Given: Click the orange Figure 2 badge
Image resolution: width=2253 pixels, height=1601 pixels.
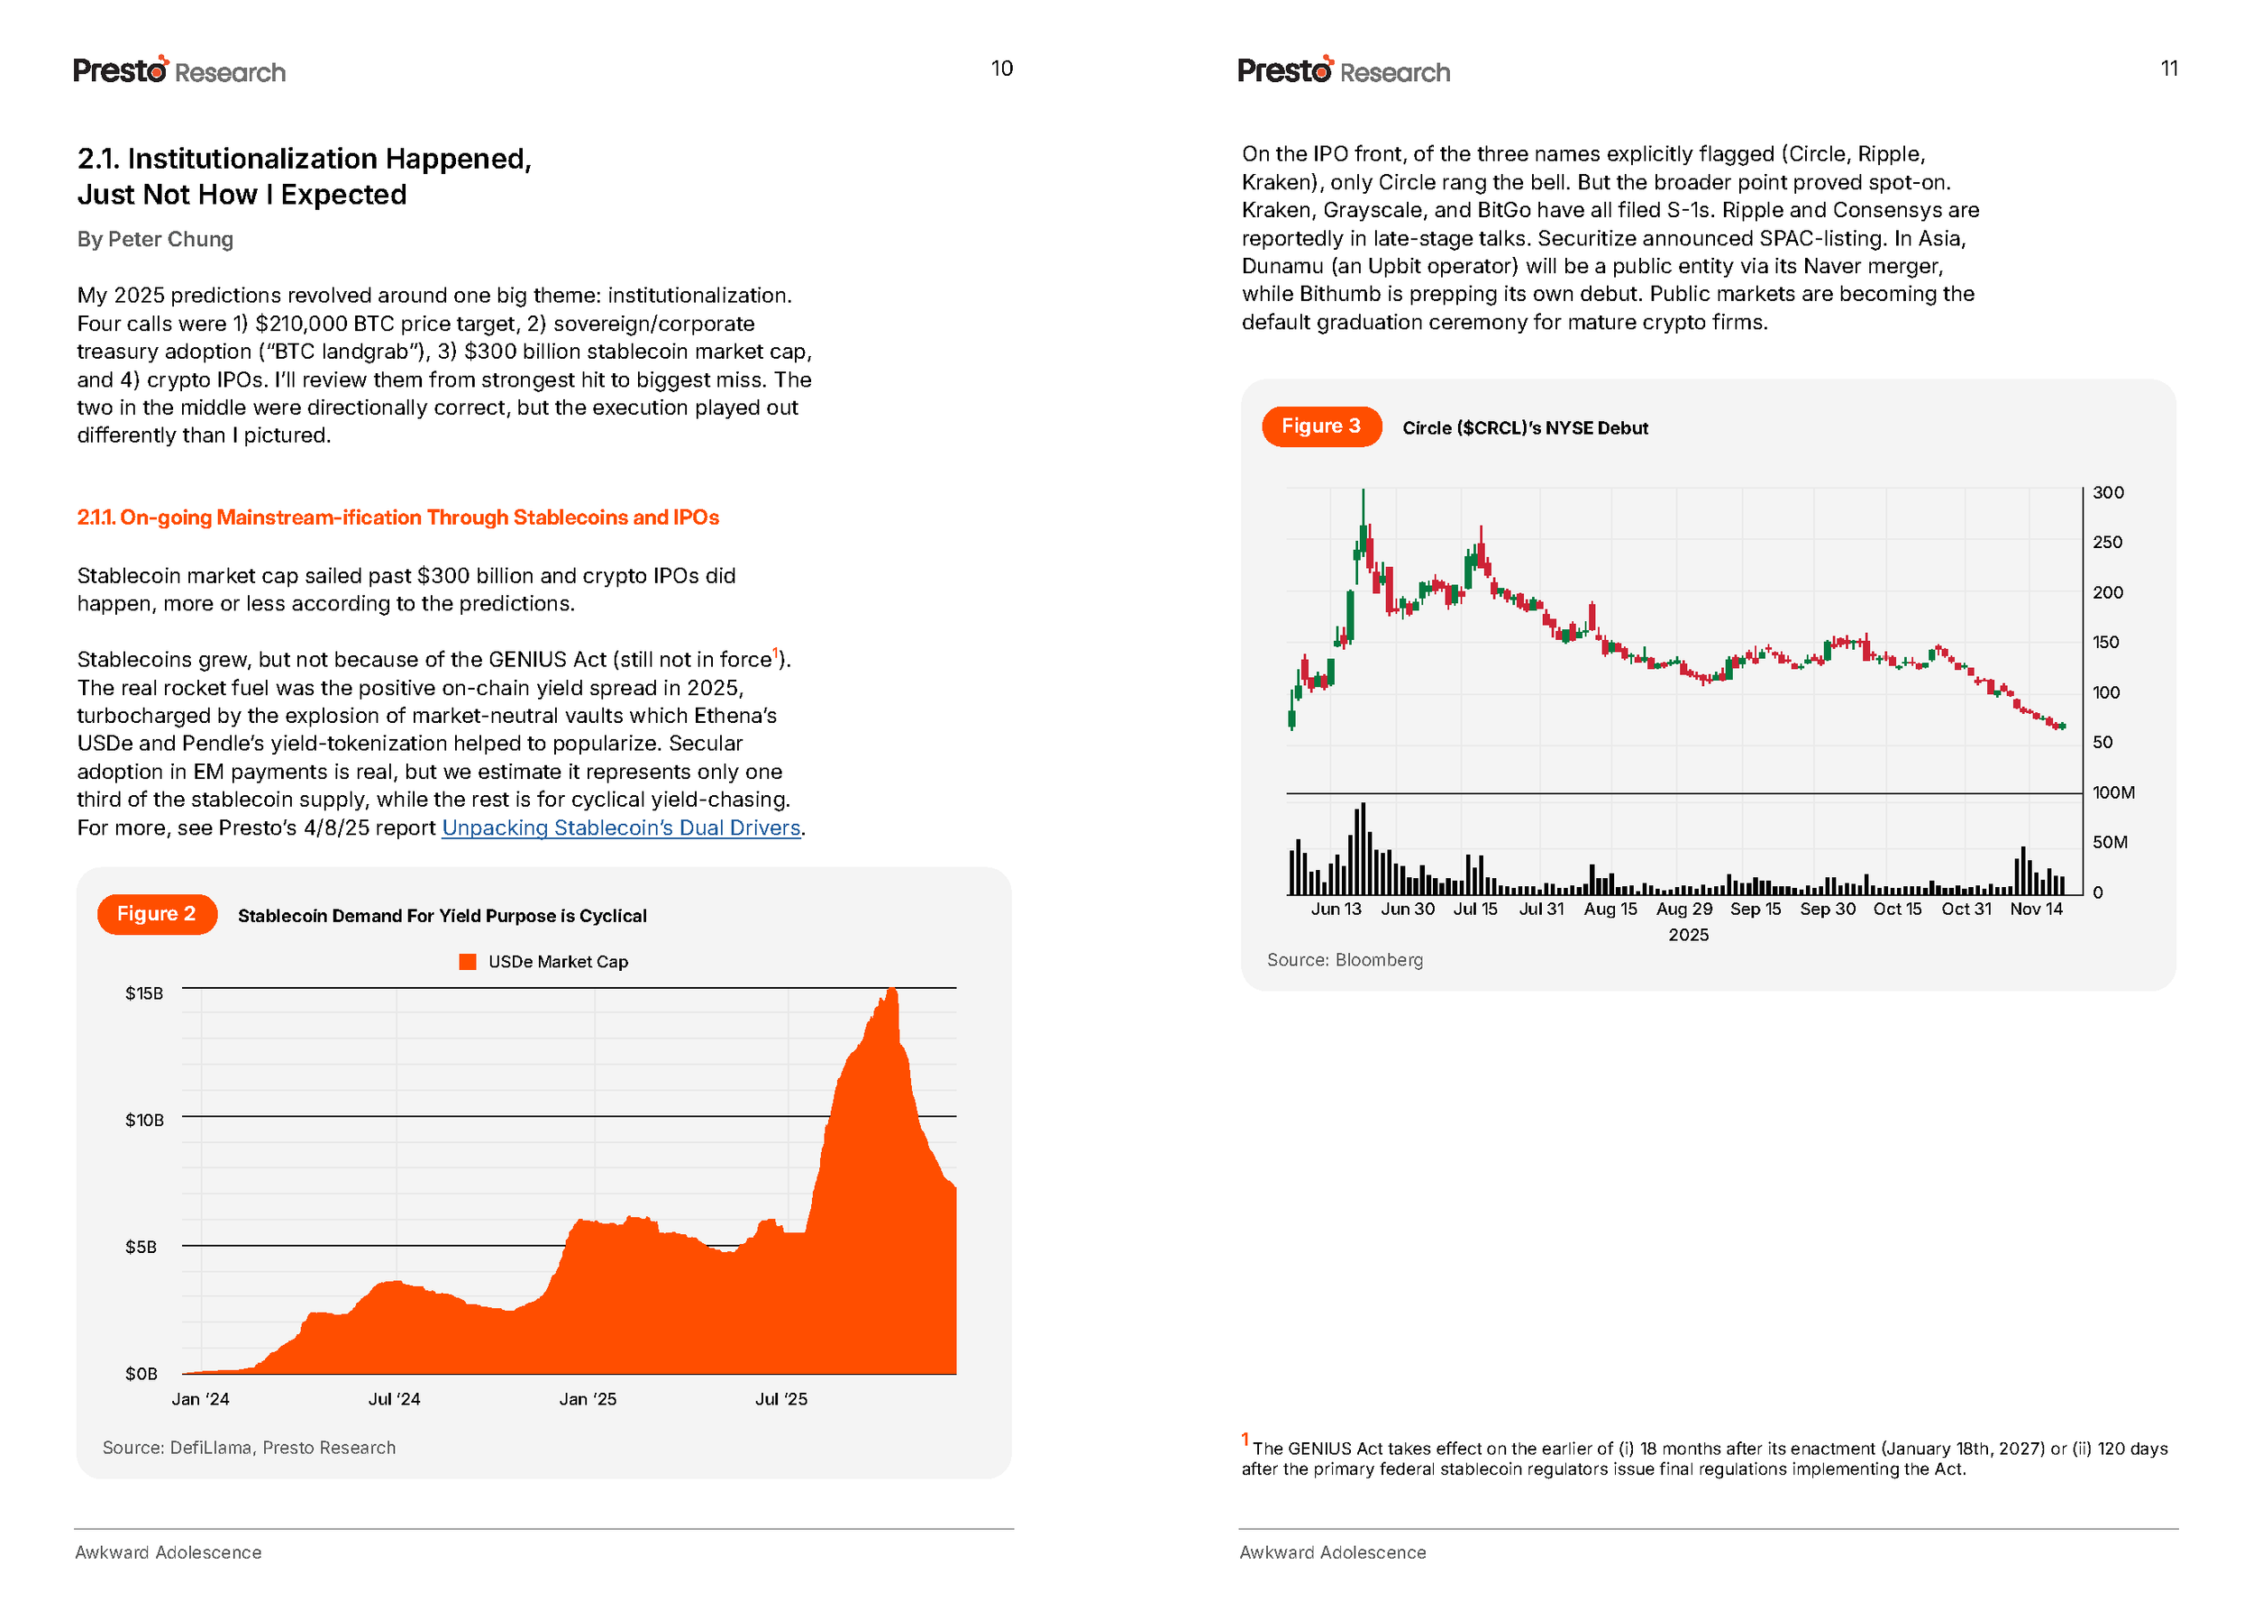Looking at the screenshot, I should [x=156, y=914].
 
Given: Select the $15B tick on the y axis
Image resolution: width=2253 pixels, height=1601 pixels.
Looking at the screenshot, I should [x=144, y=993].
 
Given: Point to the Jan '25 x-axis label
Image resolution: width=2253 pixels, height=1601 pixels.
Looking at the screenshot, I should [x=588, y=1399].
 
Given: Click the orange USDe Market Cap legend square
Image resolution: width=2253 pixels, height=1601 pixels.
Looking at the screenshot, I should [x=468, y=961].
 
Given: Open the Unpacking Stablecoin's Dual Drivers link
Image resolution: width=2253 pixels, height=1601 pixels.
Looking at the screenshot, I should [x=620, y=828].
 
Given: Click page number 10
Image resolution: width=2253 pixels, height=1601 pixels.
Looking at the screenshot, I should [x=1001, y=68].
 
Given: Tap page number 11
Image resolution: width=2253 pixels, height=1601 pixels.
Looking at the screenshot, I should [x=2168, y=68].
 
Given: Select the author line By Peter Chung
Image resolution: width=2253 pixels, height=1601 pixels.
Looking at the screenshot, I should [x=155, y=240].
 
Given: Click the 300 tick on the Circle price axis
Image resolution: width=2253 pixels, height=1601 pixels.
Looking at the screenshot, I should [x=2108, y=493].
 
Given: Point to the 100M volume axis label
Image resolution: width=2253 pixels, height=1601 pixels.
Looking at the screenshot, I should [x=2113, y=792].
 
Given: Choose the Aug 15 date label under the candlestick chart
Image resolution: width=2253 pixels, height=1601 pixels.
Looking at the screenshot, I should [x=1610, y=909].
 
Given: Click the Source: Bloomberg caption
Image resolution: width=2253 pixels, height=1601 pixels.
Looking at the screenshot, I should [x=1345, y=959].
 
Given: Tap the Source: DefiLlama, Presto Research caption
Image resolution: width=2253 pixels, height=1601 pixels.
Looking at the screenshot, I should [x=249, y=1447].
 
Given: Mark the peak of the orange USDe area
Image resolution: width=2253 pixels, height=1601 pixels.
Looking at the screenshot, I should [x=892, y=990].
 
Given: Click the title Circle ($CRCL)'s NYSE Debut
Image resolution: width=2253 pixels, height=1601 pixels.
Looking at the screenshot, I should [x=1525, y=428].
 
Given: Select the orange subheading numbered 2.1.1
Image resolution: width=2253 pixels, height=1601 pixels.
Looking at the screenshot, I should [x=398, y=517].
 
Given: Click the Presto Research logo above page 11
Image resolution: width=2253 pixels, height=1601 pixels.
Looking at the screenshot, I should [x=1344, y=70].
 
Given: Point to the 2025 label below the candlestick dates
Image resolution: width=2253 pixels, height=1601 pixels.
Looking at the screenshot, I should [x=1688, y=935].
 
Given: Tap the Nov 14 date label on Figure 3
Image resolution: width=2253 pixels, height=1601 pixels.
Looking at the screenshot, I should [x=2036, y=909].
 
